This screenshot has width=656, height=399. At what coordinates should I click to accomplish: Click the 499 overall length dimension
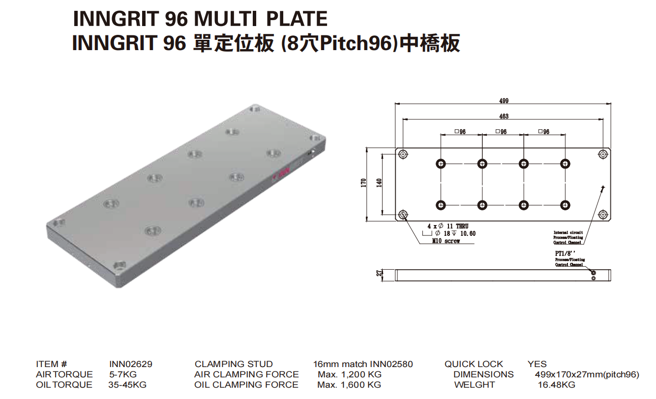tap(504, 101)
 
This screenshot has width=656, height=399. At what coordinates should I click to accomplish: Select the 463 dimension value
tap(504, 116)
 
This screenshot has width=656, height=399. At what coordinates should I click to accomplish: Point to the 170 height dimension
tap(363, 184)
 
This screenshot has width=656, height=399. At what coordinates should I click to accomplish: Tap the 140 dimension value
tap(379, 184)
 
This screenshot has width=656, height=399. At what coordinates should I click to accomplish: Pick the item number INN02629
tap(131, 364)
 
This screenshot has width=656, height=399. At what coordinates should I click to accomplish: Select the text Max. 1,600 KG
tap(349, 385)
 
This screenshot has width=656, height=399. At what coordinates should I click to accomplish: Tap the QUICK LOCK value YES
tap(537, 364)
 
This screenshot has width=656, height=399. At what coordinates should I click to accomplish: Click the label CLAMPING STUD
tap(234, 364)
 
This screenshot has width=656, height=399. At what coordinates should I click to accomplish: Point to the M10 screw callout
tap(446, 241)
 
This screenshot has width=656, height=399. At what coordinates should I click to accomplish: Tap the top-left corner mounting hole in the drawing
tap(403, 154)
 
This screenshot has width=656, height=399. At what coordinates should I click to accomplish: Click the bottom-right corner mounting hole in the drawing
tap(603, 214)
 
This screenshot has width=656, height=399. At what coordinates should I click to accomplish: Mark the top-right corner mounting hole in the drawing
tap(603, 154)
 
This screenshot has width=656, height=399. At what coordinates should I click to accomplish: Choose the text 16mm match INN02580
tap(363, 364)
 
